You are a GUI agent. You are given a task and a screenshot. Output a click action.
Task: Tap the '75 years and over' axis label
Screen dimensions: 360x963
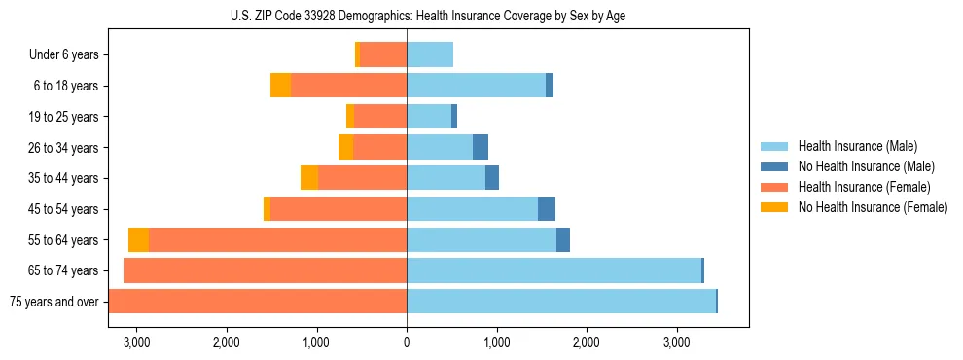(x=54, y=302)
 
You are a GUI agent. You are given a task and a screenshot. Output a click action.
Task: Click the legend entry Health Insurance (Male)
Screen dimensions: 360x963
(x=857, y=146)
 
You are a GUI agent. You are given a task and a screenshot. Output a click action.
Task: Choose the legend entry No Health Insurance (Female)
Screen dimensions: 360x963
(x=873, y=207)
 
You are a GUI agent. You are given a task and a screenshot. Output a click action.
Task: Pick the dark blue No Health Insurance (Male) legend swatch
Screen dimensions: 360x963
(x=775, y=166)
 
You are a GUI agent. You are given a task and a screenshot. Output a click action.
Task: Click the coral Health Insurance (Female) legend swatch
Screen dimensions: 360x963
(x=775, y=187)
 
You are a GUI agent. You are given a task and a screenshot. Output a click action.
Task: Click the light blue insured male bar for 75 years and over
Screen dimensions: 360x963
(x=561, y=302)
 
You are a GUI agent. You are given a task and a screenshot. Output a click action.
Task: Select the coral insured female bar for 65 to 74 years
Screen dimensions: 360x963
(x=265, y=270)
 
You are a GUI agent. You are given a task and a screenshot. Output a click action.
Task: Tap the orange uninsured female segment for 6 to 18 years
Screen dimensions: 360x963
(x=280, y=86)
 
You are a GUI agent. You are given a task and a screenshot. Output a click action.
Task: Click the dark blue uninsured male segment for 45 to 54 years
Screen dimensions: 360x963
(x=547, y=209)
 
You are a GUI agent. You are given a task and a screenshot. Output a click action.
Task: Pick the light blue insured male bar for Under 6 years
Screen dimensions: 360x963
(x=430, y=55)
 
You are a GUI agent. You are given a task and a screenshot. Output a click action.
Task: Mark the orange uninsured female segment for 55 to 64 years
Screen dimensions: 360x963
(x=138, y=240)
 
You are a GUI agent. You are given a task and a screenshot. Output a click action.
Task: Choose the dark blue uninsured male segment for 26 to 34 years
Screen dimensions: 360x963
(x=481, y=148)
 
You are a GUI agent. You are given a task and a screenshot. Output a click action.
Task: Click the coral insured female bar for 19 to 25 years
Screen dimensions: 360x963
(x=380, y=117)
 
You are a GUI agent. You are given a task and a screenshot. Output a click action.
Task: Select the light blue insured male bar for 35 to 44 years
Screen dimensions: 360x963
(x=446, y=178)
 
